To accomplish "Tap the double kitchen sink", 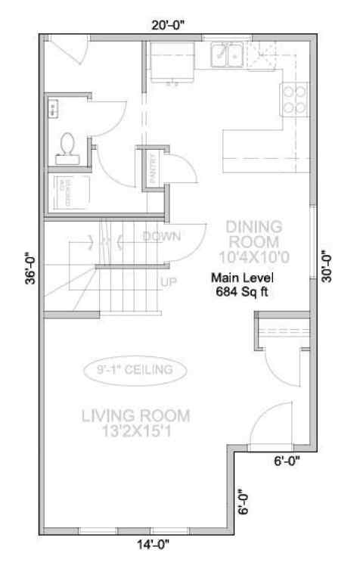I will point(226,54).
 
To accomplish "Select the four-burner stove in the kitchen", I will point(294,98).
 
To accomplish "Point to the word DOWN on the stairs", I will point(162,236).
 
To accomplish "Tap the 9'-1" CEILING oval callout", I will point(134,370).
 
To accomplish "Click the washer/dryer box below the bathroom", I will point(68,191).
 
